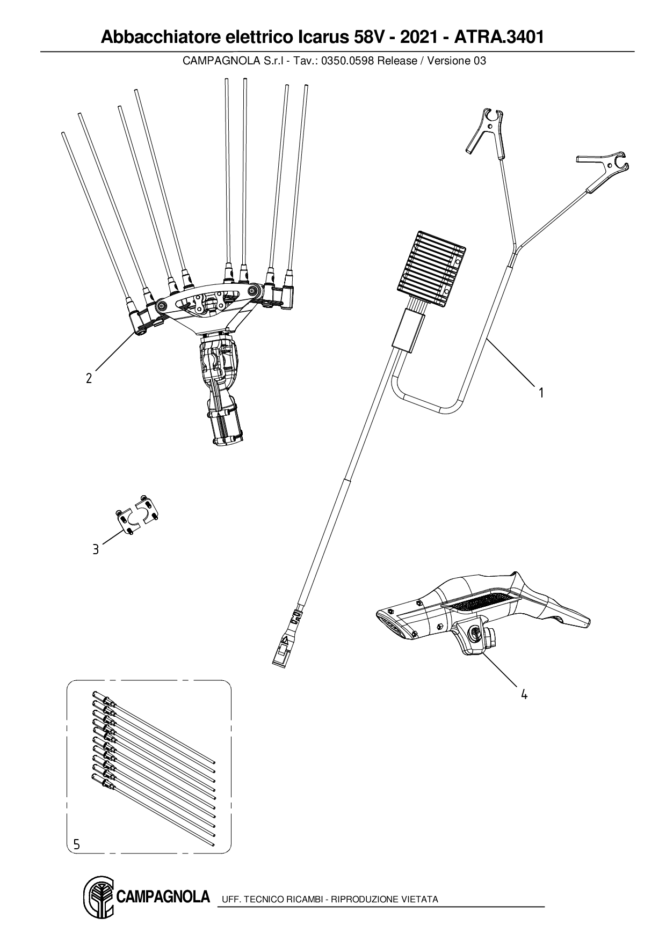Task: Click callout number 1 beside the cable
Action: (541, 393)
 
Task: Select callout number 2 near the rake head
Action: (89, 378)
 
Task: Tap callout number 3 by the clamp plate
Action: (96, 549)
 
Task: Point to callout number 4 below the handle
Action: (524, 694)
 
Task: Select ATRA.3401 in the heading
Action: (499, 37)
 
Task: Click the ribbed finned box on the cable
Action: (432, 271)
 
